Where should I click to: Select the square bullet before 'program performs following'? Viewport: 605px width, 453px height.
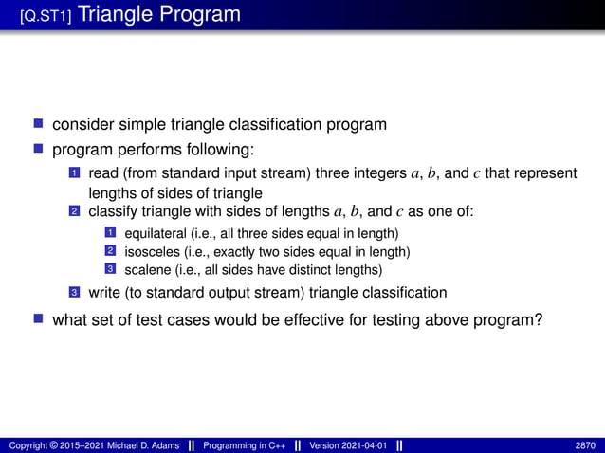click(39, 148)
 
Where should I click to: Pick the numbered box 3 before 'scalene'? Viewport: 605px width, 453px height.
click(109, 269)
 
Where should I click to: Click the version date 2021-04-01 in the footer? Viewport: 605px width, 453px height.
click(363, 445)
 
